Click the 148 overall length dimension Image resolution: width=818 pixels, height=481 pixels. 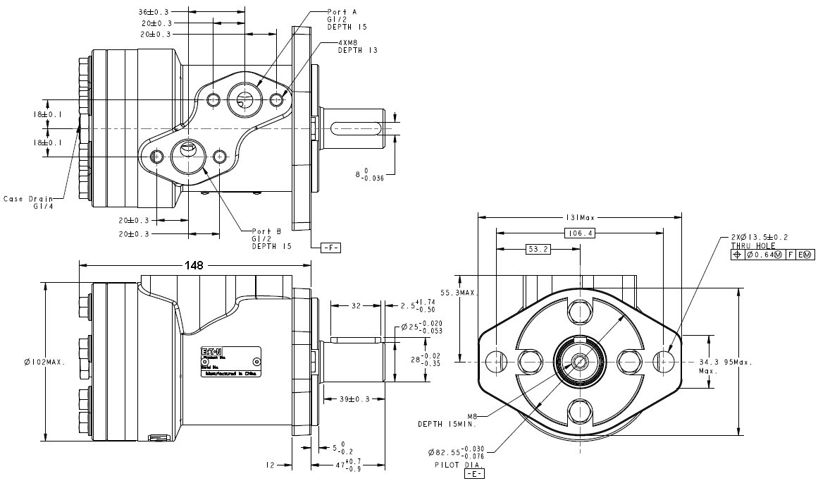click(194, 266)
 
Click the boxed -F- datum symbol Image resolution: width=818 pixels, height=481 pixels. click(330, 248)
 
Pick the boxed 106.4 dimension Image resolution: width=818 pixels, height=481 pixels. click(579, 233)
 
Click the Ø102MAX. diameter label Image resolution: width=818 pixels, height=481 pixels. click(44, 363)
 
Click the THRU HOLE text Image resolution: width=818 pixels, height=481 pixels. click(752, 246)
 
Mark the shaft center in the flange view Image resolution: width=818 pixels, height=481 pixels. click(579, 362)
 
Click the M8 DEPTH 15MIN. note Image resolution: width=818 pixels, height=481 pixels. click(448, 420)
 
